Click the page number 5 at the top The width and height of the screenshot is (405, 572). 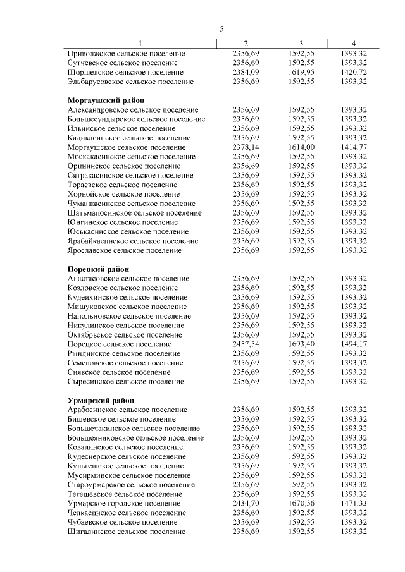221,29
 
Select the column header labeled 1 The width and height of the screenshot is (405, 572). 140,44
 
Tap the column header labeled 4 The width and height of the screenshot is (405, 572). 354,44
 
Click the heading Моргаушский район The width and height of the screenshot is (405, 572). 106,100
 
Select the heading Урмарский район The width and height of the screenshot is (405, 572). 100,400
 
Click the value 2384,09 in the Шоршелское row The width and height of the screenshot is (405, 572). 246,72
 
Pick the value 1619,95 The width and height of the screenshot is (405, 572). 301,72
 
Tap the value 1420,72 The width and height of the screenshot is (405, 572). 354,72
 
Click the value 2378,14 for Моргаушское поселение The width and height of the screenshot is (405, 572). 246,147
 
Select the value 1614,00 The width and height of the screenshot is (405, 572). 301,147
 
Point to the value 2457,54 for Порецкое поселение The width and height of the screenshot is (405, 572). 246,344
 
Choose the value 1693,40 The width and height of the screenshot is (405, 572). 301,344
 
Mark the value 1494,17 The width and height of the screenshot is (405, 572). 354,344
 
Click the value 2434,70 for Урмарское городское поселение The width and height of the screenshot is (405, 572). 246,503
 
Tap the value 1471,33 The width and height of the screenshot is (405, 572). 354,503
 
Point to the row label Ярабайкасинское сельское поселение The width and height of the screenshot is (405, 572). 132,241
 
